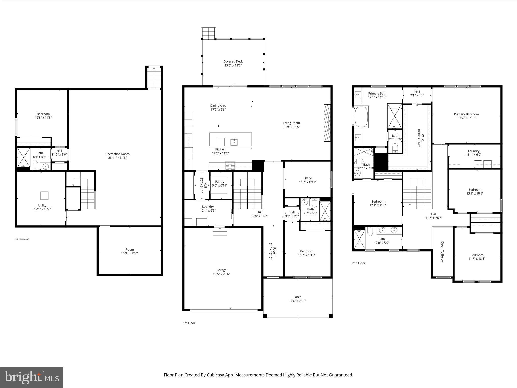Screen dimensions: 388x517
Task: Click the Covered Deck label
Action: [x=233, y=61]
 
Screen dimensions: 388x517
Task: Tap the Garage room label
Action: [x=221, y=270]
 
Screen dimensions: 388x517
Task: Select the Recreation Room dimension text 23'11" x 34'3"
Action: [x=117, y=158]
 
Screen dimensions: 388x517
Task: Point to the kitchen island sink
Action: [x=234, y=142]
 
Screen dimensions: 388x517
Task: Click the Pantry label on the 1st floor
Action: [x=219, y=181]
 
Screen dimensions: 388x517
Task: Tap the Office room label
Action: [x=307, y=178]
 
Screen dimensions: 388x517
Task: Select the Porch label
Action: [x=297, y=297]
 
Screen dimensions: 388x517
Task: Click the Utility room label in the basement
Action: [x=42, y=205]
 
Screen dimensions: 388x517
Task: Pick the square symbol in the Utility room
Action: [x=44, y=196]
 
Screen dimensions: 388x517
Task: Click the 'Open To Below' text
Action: [x=442, y=252]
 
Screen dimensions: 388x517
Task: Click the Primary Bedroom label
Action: [x=466, y=114]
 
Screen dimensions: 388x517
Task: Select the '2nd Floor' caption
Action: [x=358, y=263]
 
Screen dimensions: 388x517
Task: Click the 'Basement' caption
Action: [x=22, y=239]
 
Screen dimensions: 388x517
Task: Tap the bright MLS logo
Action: [x=32, y=377]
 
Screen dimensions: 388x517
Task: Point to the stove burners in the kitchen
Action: [x=230, y=166]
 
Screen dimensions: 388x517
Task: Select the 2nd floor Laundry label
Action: [x=473, y=151]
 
